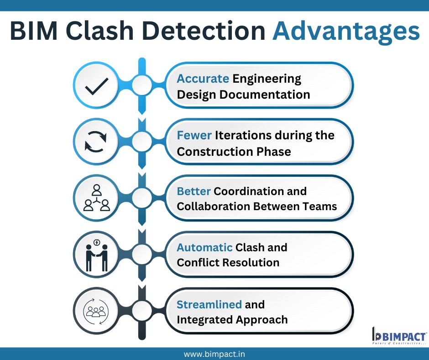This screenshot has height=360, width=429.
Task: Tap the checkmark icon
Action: tap(96, 85)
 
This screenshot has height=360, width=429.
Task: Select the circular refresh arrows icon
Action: tap(96, 142)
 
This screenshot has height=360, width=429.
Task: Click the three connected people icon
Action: tap(96, 198)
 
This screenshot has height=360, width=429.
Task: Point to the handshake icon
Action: tap(96, 255)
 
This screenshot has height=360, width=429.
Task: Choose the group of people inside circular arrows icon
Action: tap(96, 311)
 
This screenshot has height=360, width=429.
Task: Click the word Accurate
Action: tap(203, 79)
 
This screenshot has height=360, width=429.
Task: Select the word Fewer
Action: tap(194, 135)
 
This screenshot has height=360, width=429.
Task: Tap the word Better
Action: tap(194, 191)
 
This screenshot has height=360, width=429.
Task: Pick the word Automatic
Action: tap(204, 248)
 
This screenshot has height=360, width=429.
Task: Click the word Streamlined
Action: tap(209, 304)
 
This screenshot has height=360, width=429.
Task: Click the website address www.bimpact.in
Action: tap(214, 354)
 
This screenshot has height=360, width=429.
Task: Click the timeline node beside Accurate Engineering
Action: tap(142, 85)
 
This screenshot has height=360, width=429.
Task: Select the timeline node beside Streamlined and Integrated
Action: tap(142, 311)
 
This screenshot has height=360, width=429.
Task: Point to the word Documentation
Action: tap(271, 95)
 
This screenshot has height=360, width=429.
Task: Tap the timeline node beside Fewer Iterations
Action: tap(142, 142)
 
